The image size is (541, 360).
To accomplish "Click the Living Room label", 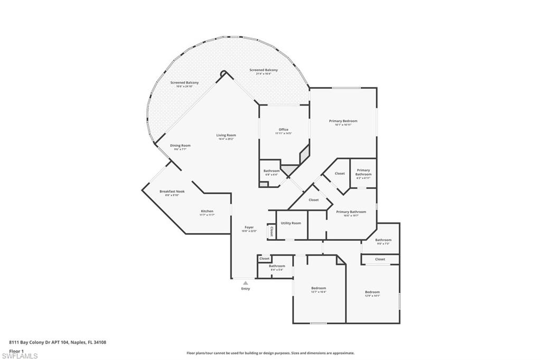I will [x=226, y=135].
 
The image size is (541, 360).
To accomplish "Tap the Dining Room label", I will [x=180, y=145].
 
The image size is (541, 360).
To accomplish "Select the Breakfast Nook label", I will [x=172, y=191].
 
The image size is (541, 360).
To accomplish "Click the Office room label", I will [x=283, y=130].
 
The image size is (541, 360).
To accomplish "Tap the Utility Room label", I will [x=291, y=223].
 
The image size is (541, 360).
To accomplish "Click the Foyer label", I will [x=249, y=227].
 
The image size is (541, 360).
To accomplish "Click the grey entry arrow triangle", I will [x=245, y=283].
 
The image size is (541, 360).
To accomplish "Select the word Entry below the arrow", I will [x=246, y=289].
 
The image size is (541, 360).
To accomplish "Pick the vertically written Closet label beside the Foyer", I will [x=272, y=231].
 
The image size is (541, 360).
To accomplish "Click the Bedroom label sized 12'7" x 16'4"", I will [x=318, y=288].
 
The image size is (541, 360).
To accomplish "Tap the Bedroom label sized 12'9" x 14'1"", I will [x=372, y=292].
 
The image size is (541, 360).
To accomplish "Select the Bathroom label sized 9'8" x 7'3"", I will [x=383, y=240].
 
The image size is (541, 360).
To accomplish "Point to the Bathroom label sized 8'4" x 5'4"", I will [x=277, y=266].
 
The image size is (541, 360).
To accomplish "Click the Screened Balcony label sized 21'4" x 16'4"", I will [x=266, y=70].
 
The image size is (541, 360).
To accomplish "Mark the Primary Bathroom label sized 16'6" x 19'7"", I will [x=351, y=212].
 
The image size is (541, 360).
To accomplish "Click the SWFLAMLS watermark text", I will [x=20, y=355].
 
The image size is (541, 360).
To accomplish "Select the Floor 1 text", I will [x=16, y=350].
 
